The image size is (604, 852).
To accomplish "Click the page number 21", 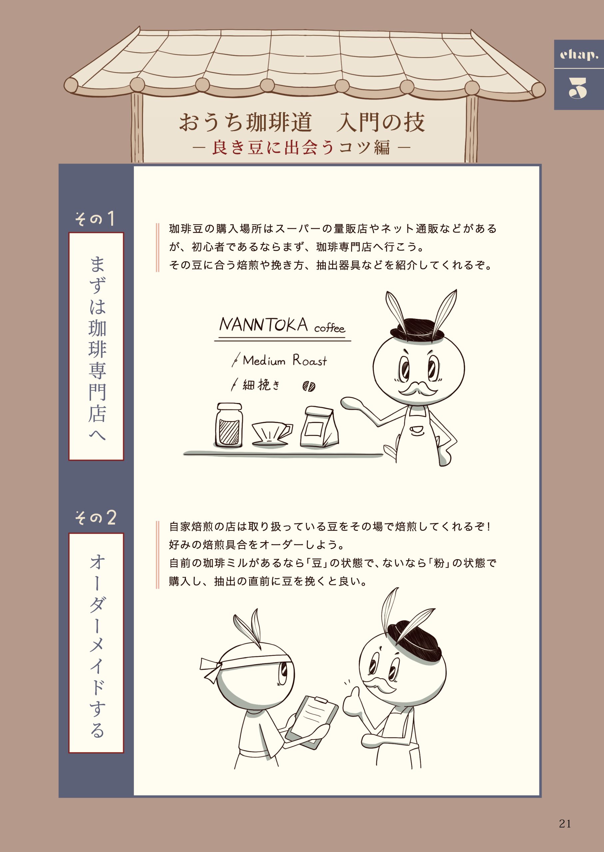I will click(x=565, y=824).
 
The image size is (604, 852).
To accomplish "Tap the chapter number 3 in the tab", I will click(x=578, y=89).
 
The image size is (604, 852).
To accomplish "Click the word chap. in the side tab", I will click(x=579, y=55).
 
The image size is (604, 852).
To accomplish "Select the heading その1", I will click(x=95, y=219).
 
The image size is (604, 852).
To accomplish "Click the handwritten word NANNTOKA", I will click(x=263, y=325).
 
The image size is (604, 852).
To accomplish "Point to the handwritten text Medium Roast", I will click(x=285, y=360).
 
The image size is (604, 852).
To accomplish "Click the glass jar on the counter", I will click(x=229, y=425).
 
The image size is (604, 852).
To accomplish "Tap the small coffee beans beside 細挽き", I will click(x=309, y=386).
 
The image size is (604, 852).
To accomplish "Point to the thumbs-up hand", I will click(x=351, y=702).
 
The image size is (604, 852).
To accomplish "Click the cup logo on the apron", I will click(x=417, y=430).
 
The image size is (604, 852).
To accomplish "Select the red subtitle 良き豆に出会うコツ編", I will click(x=301, y=147).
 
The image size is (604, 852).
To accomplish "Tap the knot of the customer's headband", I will click(x=214, y=669).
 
